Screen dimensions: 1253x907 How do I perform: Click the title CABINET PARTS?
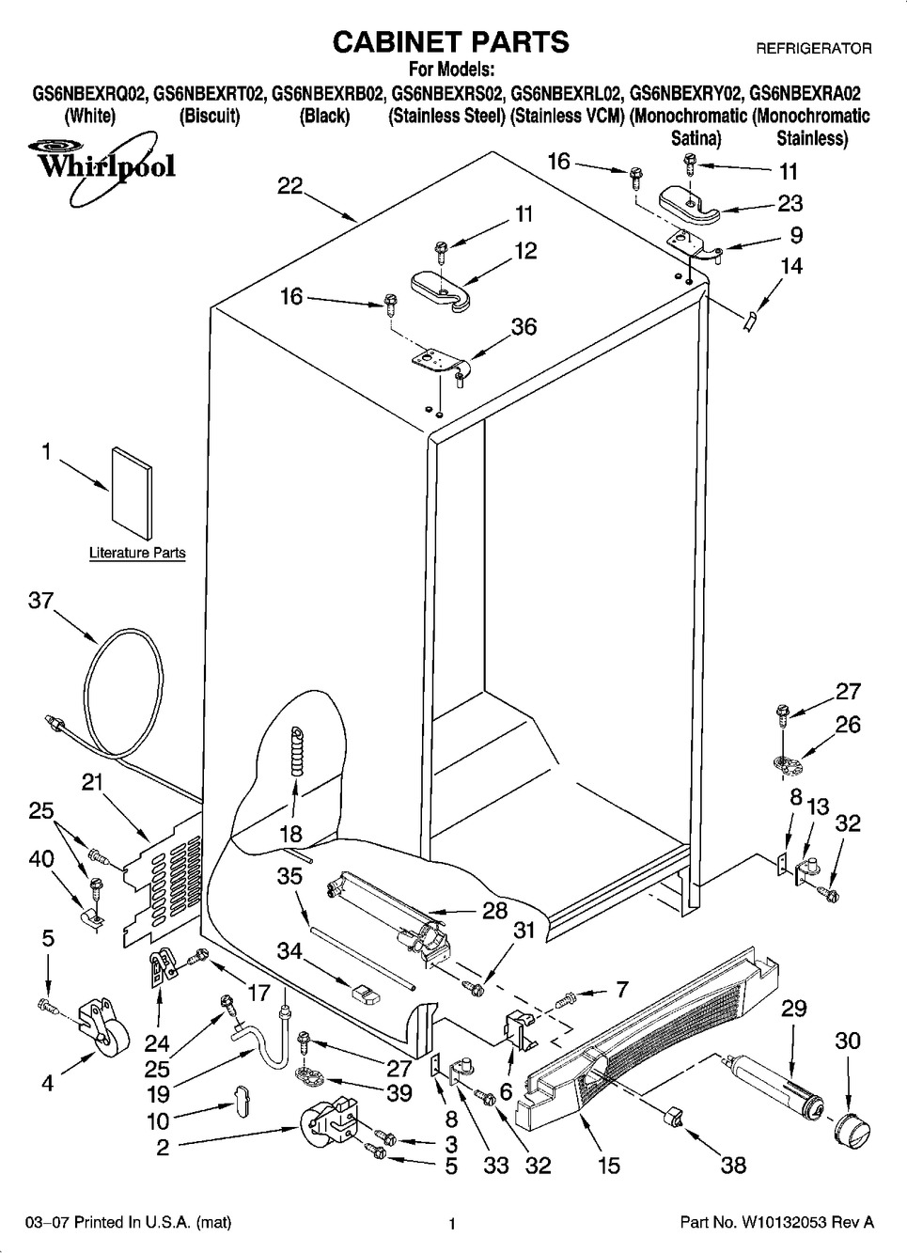click(451, 41)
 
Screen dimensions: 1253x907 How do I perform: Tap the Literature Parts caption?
click(137, 553)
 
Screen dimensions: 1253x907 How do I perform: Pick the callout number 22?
click(289, 186)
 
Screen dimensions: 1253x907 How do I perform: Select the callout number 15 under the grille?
click(609, 1166)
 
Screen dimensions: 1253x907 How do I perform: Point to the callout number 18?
click(290, 833)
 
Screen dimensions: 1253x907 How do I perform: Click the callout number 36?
click(524, 326)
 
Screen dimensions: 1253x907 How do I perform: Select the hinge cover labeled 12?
click(441, 287)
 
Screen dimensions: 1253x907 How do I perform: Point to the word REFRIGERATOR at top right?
click(814, 47)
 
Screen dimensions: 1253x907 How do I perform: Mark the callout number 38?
click(733, 1166)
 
